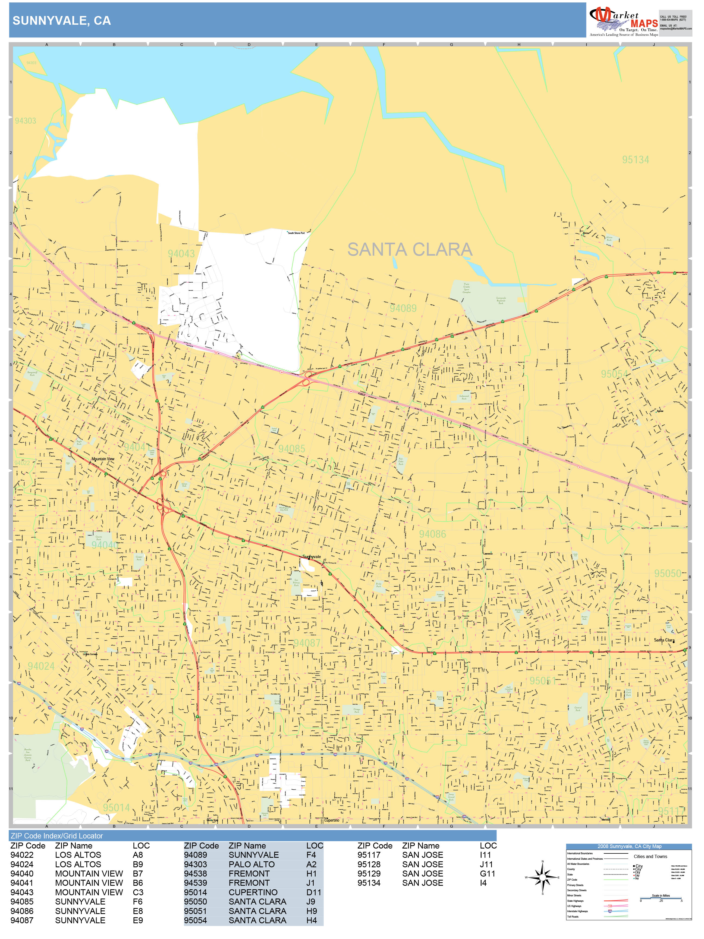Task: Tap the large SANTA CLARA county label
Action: tap(410, 250)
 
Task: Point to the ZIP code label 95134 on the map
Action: tap(635, 159)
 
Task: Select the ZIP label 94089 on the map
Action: tap(403, 308)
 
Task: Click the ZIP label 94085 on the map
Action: tap(291, 449)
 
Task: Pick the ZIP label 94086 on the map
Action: tap(432, 534)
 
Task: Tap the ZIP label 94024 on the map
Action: tap(41, 666)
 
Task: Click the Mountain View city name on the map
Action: tap(103, 459)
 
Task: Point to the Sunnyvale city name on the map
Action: tap(312, 556)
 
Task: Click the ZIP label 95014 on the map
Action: tap(116, 807)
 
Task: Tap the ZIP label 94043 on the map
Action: tap(181, 253)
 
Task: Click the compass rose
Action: tap(542, 877)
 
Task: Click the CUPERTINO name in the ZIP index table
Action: tap(253, 892)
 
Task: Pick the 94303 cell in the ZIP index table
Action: tap(195, 864)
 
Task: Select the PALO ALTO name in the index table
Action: tap(251, 864)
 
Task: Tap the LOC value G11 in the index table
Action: tap(488, 874)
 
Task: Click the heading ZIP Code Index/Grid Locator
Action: tap(57, 836)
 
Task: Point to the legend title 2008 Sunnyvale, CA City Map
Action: tap(629, 846)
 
